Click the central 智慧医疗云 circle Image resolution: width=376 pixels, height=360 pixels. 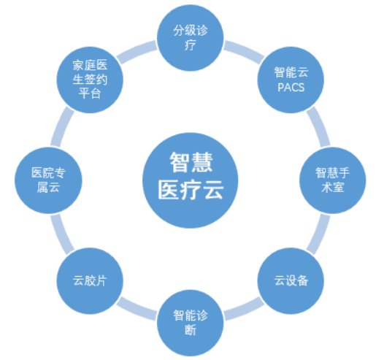click(190, 180)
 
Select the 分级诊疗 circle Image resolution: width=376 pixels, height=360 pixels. click(190, 38)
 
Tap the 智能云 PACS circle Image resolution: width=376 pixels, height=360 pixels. click(291, 80)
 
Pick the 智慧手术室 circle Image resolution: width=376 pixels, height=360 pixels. click(332, 180)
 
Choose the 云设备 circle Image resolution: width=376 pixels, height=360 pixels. click(291, 281)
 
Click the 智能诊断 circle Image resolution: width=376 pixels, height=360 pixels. click(190, 323)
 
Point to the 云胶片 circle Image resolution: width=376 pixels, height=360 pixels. click(90, 281)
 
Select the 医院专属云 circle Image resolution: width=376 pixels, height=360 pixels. click(48, 180)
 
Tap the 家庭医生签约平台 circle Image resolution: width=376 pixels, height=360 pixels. click(90, 80)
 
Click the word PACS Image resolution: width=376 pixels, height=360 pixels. click(291, 88)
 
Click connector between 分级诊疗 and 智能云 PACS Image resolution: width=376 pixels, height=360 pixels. click(244, 52)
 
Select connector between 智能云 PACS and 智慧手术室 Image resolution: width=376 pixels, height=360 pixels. click(319, 126)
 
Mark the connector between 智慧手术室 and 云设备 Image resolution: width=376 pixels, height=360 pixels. click(319, 234)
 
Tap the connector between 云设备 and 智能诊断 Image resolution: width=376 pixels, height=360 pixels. click(244, 309)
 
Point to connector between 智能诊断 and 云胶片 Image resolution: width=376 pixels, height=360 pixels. click(137, 309)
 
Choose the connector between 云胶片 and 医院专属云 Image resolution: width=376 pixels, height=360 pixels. click(62, 234)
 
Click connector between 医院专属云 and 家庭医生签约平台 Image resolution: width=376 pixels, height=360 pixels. click(62, 126)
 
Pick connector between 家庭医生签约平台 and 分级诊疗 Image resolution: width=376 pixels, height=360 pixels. click(137, 52)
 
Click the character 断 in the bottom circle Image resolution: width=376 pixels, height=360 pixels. click(190, 330)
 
